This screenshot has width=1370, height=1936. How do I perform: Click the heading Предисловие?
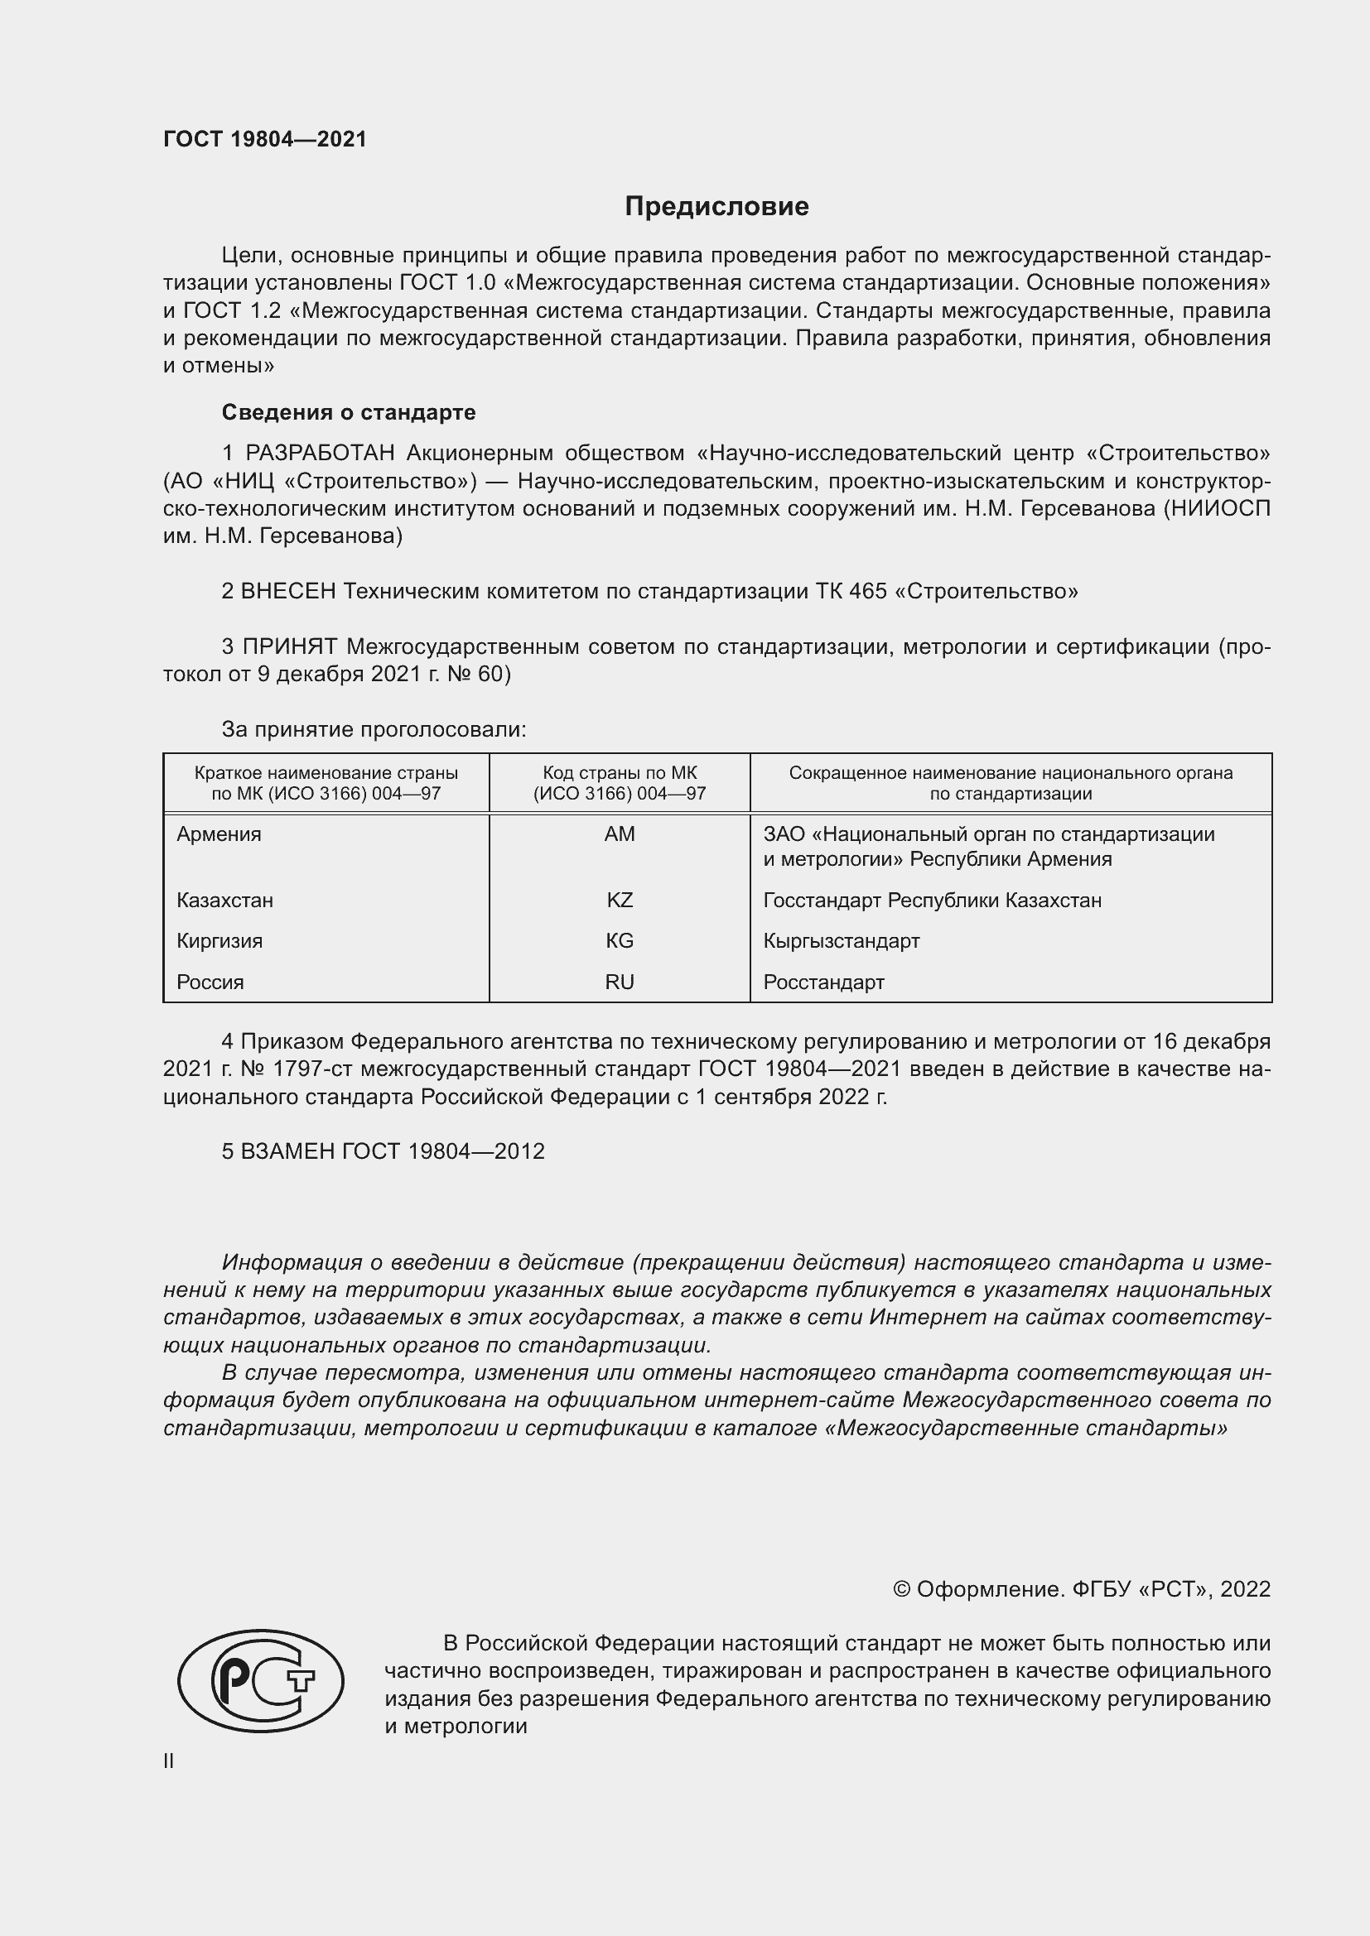pyautogui.click(x=716, y=207)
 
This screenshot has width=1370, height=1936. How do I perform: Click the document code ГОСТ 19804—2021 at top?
pyautogui.click(x=265, y=139)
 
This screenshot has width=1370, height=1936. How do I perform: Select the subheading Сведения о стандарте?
pyautogui.click(x=349, y=412)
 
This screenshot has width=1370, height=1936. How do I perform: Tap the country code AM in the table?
pyautogui.click(x=620, y=834)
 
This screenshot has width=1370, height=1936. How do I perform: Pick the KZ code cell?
pyautogui.click(x=620, y=900)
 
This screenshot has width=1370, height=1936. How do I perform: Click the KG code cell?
pyautogui.click(x=620, y=940)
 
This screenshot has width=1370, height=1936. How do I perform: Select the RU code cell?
pyautogui.click(x=620, y=982)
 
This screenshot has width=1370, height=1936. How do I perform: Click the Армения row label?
pyautogui.click(x=219, y=834)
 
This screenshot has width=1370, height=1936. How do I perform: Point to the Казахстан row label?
pyautogui.click(x=225, y=900)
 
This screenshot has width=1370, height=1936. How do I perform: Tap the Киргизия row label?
pyautogui.click(x=220, y=940)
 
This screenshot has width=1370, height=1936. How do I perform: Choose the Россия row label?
pyautogui.click(x=210, y=982)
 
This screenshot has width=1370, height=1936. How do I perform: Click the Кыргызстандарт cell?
pyautogui.click(x=841, y=940)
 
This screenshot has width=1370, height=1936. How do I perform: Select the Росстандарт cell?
pyautogui.click(x=823, y=982)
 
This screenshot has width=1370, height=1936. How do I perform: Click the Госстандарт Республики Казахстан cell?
pyautogui.click(x=932, y=900)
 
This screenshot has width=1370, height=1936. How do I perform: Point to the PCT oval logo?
pyautogui.click(x=261, y=1680)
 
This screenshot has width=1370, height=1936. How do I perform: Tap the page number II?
pyautogui.click(x=169, y=1761)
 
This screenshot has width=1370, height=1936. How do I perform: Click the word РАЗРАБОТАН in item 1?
pyautogui.click(x=320, y=454)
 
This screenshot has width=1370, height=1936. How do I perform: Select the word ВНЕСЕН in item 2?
pyautogui.click(x=288, y=591)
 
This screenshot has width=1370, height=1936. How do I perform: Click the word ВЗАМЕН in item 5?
pyautogui.click(x=287, y=1151)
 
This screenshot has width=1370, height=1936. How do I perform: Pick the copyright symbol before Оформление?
pyautogui.click(x=901, y=1589)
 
